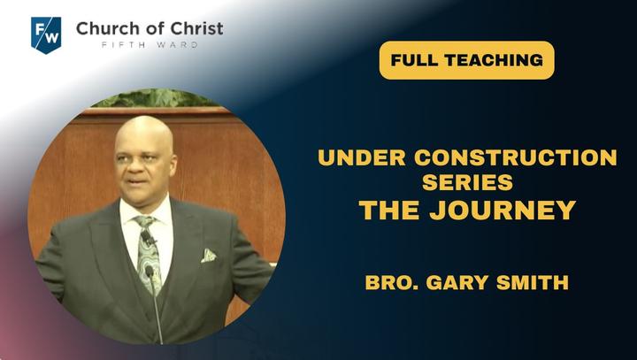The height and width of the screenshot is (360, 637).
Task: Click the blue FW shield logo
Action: (x=46, y=35)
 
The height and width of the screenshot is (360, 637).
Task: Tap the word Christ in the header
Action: (x=196, y=28)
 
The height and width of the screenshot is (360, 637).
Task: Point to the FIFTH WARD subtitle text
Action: (x=150, y=45)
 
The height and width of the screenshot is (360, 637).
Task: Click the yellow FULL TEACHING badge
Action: (x=467, y=60)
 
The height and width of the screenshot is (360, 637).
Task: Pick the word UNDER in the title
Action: (x=362, y=157)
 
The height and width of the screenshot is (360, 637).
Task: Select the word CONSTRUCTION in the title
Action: (x=516, y=157)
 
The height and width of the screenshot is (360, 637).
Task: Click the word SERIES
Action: (x=467, y=182)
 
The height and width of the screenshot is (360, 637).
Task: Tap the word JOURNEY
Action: (x=503, y=210)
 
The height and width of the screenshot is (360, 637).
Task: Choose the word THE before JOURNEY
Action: (x=389, y=210)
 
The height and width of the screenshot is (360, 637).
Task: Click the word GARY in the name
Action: (x=457, y=282)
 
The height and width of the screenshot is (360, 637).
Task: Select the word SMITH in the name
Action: (x=533, y=282)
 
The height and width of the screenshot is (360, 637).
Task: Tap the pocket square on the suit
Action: (x=208, y=256)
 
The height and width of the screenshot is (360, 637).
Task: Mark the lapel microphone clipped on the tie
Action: (x=148, y=239)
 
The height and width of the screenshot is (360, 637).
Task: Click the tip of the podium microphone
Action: (x=150, y=270)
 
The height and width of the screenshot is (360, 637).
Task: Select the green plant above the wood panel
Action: (x=154, y=98)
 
